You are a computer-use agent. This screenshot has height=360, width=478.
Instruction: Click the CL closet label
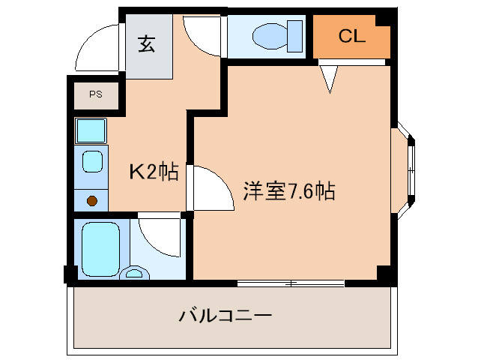point(351,36)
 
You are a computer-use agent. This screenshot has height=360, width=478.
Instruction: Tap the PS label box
point(96,94)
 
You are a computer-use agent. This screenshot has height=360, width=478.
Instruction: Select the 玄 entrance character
point(147,45)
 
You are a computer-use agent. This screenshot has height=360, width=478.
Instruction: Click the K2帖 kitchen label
point(154,172)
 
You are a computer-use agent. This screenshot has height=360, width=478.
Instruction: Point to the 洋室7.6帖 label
point(288,192)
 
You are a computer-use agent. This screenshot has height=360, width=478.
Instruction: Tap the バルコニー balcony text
point(225,315)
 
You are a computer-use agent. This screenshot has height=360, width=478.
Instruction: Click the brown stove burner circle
point(92,200)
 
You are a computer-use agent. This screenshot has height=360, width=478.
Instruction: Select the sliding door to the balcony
point(291,283)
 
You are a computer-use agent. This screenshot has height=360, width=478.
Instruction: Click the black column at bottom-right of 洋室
point(385,274)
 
